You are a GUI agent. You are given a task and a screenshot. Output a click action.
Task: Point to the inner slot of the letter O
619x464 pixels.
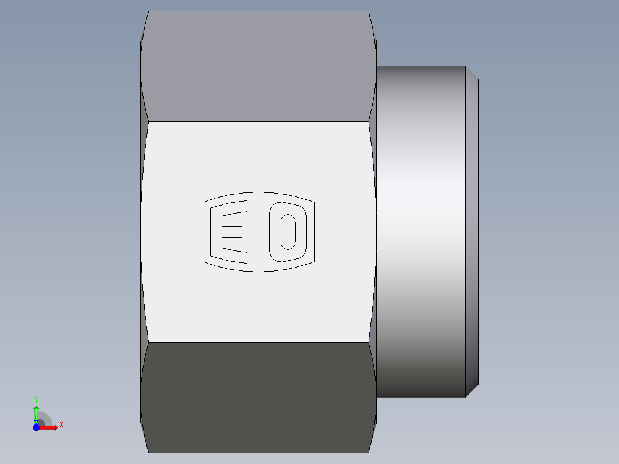tap(288, 231)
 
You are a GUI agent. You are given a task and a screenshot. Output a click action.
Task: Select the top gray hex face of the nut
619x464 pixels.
tap(258, 66)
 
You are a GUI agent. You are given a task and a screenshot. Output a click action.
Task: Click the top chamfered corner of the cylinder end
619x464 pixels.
tap(472, 73)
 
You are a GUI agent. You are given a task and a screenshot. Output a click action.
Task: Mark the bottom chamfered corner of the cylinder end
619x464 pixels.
tap(472, 390)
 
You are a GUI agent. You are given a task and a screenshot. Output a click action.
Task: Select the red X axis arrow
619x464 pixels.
tap(49, 427)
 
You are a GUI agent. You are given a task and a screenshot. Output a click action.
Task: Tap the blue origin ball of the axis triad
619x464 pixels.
tap(36, 427)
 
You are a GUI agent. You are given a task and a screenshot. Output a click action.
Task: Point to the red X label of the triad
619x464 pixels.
tap(61, 425)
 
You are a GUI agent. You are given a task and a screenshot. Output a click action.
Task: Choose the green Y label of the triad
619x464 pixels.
tap(36, 399)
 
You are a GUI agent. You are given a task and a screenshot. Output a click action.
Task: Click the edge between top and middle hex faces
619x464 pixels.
tap(258, 121)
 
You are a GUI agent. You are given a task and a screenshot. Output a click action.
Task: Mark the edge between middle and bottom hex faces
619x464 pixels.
tap(258, 343)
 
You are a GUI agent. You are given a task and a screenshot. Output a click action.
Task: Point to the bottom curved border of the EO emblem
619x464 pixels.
tap(258, 271)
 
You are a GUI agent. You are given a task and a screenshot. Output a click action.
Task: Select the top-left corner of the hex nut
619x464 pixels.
tap(148, 12)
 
